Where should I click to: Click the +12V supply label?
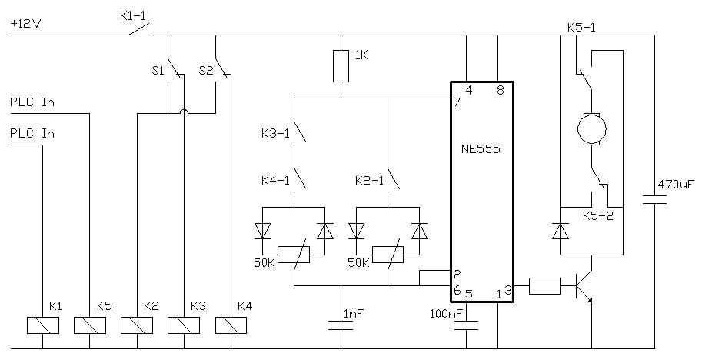(x=25, y=24)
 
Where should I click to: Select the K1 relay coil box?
(x=43, y=325)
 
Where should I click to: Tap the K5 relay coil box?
(x=90, y=325)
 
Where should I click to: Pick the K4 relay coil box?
(x=231, y=325)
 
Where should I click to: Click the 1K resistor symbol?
(x=341, y=66)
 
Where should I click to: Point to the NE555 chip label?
(x=481, y=149)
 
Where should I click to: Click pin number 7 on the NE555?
(x=457, y=102)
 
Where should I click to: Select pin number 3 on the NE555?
(x=508, y=291)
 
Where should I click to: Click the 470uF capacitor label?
(x=676, y=185)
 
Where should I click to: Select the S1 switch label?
(x=158, y=71)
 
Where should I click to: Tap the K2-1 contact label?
(x=369, y=181)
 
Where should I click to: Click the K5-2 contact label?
(x=597, y=217)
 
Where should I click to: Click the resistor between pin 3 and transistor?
(x=544, y=286)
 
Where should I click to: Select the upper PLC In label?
(x=32, y=102)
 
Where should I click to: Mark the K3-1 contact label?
(x=275, y=133)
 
